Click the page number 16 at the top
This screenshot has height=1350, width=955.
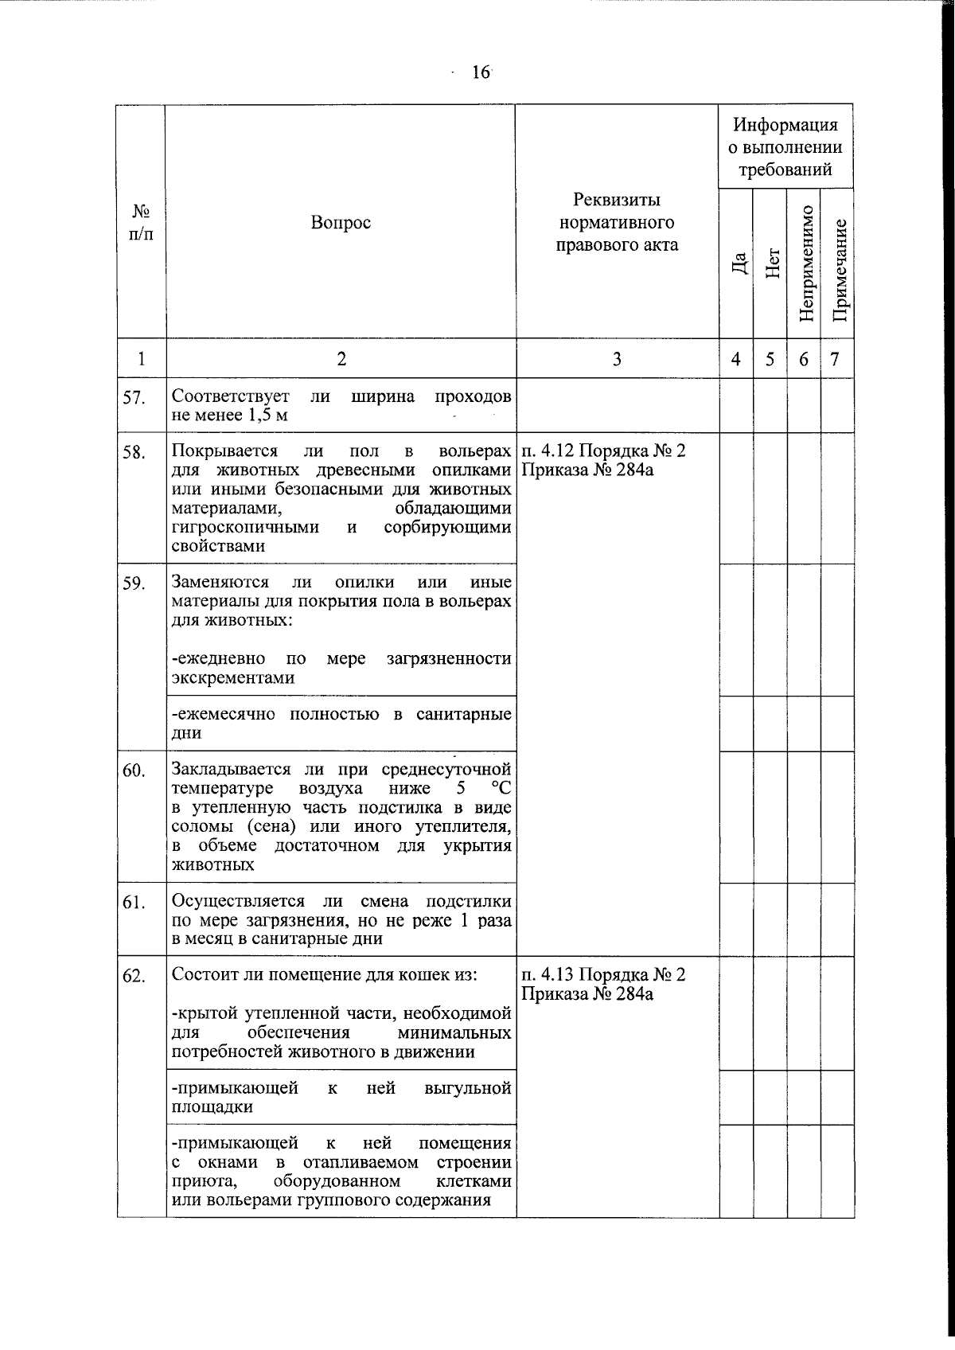(x=480, y=72)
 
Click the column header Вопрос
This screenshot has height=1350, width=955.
(x=341, y=223)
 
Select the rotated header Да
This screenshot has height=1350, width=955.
(x=739, y=263)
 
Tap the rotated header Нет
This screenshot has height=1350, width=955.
(x=771, y=263)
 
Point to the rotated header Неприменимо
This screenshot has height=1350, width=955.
(x=805, y=263)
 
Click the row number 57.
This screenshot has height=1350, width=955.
(x=134, y=399)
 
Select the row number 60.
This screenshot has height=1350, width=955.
(x=134, y=771)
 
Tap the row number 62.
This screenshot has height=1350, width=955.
(x=134, y=977)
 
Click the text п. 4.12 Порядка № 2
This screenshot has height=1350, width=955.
(x=603, y=451)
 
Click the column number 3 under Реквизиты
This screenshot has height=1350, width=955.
(x=617, y=359)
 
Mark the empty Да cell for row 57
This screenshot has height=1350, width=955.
(x=736, y=405)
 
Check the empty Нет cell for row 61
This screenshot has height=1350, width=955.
(x=770, y=919)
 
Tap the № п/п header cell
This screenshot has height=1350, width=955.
(x=141, y=223)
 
